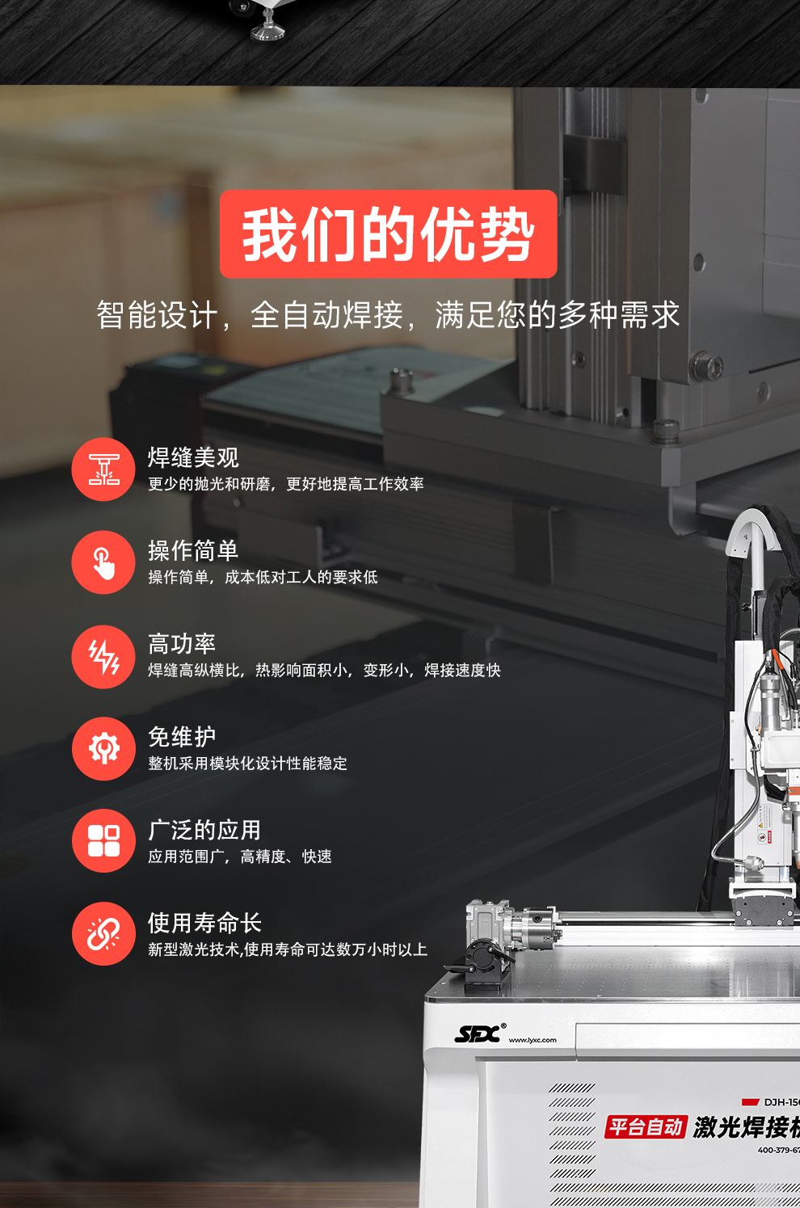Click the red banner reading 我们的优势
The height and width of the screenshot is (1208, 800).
coord(388,234)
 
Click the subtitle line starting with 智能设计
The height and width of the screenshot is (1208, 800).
coord(388,315)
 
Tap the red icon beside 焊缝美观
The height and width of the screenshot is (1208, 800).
coord(103,469)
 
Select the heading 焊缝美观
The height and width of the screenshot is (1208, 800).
coord(193,457)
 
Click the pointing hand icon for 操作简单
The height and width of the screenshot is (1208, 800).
coord(103,562)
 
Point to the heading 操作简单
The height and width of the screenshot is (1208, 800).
coord(193,550)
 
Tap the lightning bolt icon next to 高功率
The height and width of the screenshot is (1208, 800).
coord(103,656)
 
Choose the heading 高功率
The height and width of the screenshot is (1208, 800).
coord(182,644)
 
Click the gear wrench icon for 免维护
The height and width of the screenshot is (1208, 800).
coord(103,749)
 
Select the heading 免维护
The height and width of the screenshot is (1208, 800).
coord(182,737)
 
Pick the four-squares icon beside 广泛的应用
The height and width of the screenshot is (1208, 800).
coord(103,841)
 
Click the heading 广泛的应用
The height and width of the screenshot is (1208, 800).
coord(204,830)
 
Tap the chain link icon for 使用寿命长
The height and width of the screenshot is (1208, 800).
coord(103,934)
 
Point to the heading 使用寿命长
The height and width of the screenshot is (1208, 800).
coord(204,923)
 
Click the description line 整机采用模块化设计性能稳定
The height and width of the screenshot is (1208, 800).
coord(247,764)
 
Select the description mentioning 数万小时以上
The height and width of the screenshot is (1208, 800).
coord(287,949)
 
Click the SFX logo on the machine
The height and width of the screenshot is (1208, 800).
coord(479,1033)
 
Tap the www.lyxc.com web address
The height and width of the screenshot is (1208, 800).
coord(533,1040)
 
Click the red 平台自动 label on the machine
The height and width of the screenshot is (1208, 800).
coord(646,1126)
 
